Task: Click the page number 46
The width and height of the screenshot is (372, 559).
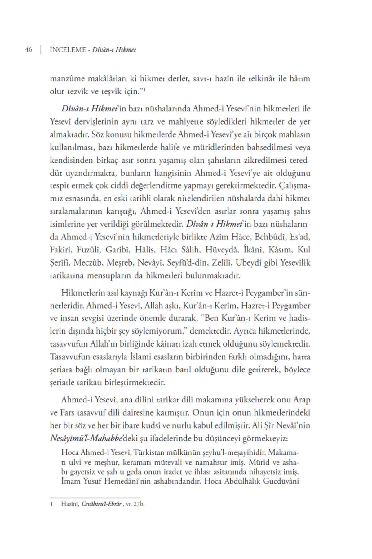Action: coord(29,49)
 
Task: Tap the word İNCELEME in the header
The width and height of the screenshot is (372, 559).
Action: coord(68,50)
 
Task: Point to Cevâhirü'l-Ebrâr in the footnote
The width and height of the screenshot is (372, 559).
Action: coord(101,504)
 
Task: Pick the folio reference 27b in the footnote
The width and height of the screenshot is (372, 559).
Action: coord(139,504)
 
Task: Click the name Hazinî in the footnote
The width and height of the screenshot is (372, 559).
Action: coord(70,504)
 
